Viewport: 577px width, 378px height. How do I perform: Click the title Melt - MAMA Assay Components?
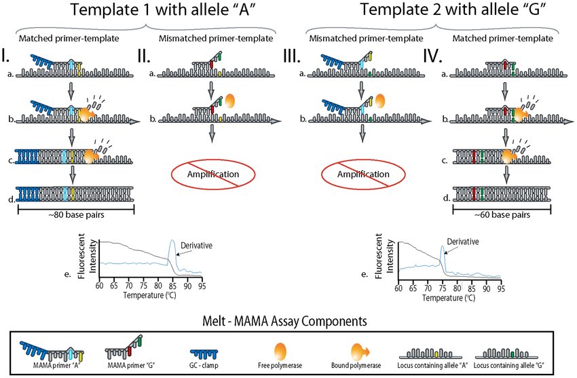[x=289, y=319]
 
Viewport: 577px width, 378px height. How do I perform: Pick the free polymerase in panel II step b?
[x=230, y=101]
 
